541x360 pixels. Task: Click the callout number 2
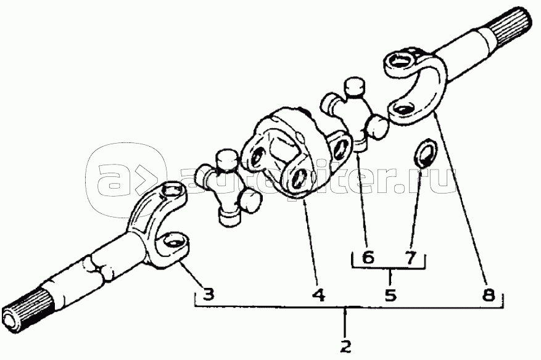coord(345,346)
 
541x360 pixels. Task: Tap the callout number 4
coord(318,295)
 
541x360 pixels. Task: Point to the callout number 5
coord(390,295)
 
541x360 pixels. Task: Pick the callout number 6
coord(368,258)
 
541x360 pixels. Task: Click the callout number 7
coord(410,258)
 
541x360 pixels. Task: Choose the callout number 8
coord(489,295)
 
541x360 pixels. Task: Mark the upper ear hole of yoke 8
coord(402,62)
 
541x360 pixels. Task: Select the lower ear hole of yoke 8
coord(403,111)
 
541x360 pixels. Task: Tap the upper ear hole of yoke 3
coord(173,190)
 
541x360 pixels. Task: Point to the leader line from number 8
coord(461,201)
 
